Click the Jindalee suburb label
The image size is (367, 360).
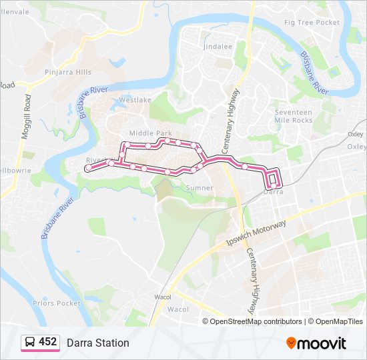(218, 47)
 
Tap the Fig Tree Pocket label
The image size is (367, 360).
(312, 22)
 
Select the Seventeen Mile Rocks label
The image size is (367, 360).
(293, 116)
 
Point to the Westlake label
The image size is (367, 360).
(131, 100)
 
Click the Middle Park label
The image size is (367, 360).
(150, 133)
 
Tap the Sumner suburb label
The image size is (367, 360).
(200, 188)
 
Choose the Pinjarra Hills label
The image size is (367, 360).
(67, 71)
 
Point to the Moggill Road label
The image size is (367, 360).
(26, 117)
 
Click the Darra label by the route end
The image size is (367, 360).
(274, 192)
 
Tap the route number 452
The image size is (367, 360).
(47, 342)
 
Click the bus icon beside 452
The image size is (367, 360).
(30, 343)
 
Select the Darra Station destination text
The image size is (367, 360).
(97, 343)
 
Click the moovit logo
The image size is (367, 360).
(316, 343)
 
